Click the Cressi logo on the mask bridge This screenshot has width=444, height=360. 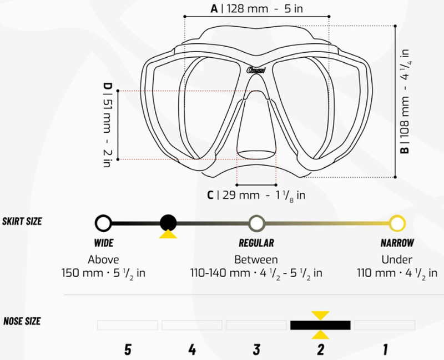[x=256, y=70]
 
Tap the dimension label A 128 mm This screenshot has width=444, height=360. [x=256, y=8]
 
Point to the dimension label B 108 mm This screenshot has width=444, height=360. [x=405, y=102]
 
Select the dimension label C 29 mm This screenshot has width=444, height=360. [x=256, y=196]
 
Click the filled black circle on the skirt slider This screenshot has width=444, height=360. [x=168, y=223]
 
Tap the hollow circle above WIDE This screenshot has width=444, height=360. [x=103, y=223]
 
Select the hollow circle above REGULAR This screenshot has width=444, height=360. [x=256, y=223]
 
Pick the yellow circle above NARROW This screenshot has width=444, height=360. [x=397, y=223]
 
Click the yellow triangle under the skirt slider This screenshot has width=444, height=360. [x=168, y=234]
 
